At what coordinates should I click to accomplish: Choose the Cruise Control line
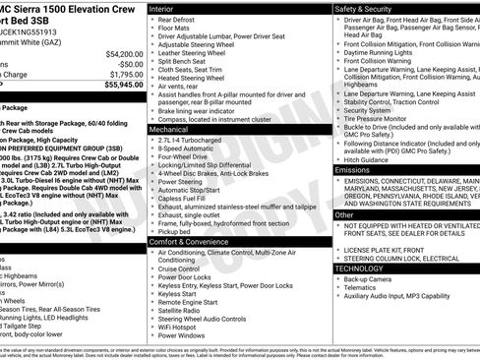point(181,269)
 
